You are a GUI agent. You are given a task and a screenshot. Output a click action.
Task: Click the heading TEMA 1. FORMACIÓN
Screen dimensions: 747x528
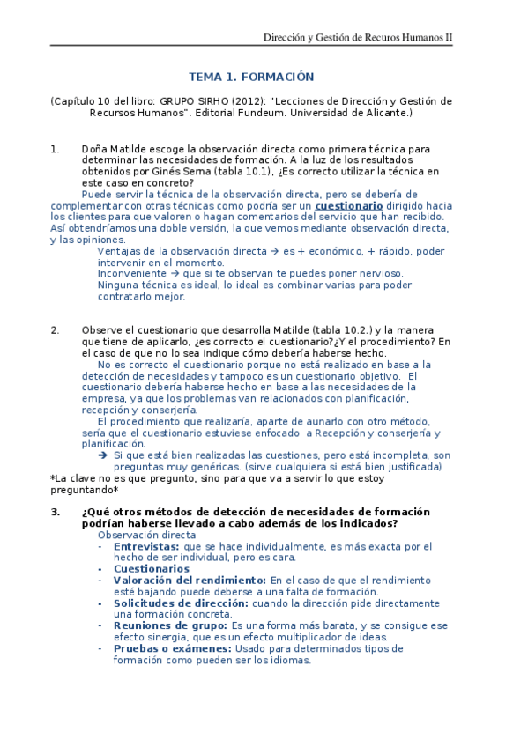click(x=251, y=77)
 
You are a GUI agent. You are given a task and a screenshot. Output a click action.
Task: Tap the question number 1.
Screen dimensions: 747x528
click(x=55, y=149)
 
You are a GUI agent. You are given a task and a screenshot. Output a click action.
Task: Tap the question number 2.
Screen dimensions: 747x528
click(x=55, y=330)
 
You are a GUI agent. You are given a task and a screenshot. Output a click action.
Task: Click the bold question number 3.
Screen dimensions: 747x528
click(x=55, y=512)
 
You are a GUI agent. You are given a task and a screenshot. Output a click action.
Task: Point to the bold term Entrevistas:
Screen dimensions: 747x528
click(x=145, y=547)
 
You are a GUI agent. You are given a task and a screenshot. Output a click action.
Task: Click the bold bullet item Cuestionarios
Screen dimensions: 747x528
click(x=151, y=569)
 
